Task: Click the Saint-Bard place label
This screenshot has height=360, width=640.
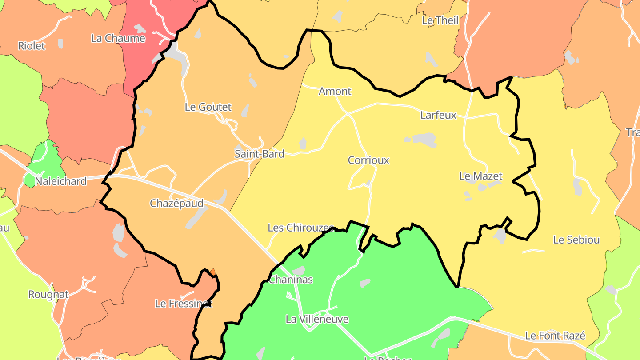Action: [x=260, y=154]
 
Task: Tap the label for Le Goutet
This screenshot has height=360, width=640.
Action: [x=208, y=107]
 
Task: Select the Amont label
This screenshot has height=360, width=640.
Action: [x=335, y=92]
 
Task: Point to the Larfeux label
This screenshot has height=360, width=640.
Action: [x=438, y=116]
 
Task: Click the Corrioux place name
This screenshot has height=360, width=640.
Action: [x=368, y=160]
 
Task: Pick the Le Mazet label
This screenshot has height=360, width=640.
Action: [x=481, y=176]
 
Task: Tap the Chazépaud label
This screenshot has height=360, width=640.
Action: [x=176, y=204]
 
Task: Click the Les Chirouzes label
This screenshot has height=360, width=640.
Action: [x=300, y=228]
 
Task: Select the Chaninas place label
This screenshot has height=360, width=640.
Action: [x=291, y=280]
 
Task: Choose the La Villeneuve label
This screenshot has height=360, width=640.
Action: [x=317, y=320]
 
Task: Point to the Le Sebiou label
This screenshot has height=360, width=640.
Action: [x=576, y=240]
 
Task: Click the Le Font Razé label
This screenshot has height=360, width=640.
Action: [x=555, y=336]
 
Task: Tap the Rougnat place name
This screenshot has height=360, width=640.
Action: [x=48, y=295]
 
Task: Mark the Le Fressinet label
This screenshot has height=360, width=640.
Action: [x=183, y=304]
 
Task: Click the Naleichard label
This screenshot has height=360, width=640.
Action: [x=60, y=181]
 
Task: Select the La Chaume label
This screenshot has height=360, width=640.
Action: [x=118, y=39]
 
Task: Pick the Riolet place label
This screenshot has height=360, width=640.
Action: [x=32, y=46]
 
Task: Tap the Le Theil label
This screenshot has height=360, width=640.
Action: [x=440, y=20]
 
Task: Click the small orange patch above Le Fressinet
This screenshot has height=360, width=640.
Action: [x=212, y=271]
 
